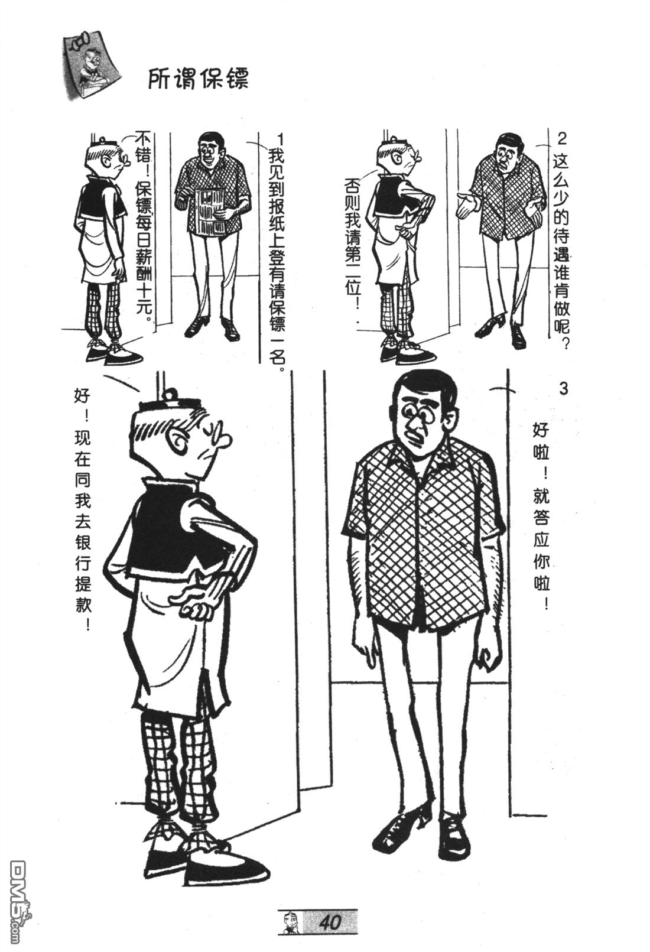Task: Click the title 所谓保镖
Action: (x=198, y=79)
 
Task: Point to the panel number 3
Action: (x=564, y=389)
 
